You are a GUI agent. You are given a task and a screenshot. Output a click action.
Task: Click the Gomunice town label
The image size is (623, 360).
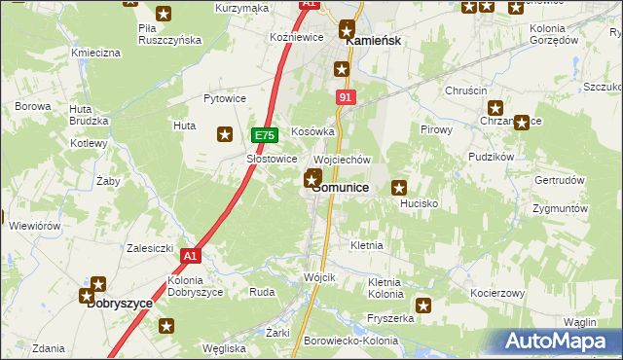pos(340,188)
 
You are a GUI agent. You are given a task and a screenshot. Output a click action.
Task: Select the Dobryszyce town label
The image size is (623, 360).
pos(120,303)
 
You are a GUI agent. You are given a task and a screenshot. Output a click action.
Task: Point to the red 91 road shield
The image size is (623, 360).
pos(346,98)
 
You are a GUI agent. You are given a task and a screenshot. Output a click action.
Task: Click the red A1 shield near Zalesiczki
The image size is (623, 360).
pos(190,256)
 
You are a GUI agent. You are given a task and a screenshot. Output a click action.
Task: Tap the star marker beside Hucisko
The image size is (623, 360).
pos(398,188)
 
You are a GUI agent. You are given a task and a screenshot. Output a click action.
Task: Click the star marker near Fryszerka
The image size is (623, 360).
pos(423,305)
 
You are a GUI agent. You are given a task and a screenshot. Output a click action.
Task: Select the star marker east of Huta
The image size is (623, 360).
pos(225,135)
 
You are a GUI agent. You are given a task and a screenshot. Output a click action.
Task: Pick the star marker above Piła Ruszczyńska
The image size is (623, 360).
pos(163,14)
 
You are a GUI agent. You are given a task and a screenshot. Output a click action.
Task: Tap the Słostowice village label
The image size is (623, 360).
pos(272,159)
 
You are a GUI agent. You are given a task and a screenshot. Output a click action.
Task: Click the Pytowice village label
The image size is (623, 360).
pos(223,98)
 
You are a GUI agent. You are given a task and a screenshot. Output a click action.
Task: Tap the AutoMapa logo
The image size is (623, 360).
pos(557,341)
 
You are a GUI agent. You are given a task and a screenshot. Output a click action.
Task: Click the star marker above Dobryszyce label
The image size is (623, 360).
pos(98,284)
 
